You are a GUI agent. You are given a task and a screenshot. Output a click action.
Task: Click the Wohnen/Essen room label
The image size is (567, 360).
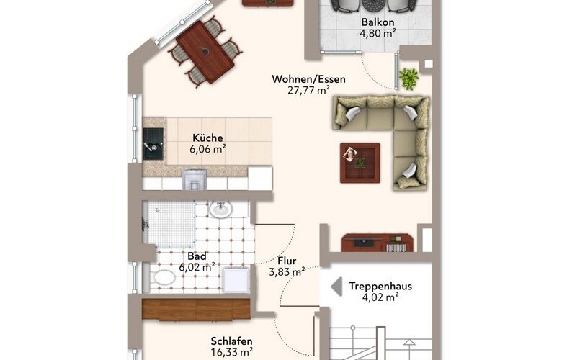pyautogui.click(x=308, y=79)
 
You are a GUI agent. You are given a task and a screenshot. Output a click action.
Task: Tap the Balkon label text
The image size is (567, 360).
pyautogui.click(x=378, y=22)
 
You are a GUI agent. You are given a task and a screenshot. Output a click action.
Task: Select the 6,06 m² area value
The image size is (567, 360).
pyautogui.click(x=207, y=149)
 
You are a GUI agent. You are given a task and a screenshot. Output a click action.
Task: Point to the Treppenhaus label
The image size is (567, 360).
pyautogui.click(x=380, y=287)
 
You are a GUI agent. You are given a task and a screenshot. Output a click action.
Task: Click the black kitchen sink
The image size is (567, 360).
pyautogui.click(x=153, y=144)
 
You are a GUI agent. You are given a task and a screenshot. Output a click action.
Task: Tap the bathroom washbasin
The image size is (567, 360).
pyautogui.click(x=220, y=210)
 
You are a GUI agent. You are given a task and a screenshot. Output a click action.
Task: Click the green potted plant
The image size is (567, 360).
pyautogui.click(x=408, y=78)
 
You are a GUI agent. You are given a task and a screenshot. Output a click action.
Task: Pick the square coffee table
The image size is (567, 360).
pyautogui.click(x=360, y=163)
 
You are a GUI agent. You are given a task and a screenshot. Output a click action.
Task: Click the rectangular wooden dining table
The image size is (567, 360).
pyautogui.click(x=205, y=52)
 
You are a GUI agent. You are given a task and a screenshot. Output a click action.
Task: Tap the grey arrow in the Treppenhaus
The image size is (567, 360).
pyautogui.click(x=336, y=287)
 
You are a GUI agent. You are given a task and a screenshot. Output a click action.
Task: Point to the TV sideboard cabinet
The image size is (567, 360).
pyautogui.click(x=377, y=243)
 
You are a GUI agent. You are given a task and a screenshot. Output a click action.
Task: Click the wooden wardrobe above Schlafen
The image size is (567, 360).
pyautogui.click(x=196, y=309)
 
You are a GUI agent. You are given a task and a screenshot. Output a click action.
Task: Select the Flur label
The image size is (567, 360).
pyautogui.click(x=287, y=261)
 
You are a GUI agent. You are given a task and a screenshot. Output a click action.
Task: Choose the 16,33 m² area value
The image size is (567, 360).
pyautogui.click(x=232, y=351)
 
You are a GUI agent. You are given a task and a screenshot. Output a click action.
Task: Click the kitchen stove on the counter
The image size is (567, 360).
pyautogui.click(x=195, y=179)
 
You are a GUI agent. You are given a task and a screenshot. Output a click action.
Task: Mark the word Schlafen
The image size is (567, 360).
pyautogui.click(x=232, y=341)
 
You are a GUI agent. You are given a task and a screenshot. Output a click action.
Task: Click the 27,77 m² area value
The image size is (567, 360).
pyautogui.click(x=308, y=91)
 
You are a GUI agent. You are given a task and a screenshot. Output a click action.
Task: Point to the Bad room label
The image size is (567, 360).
pyautogui.click(x=197, y=256)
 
